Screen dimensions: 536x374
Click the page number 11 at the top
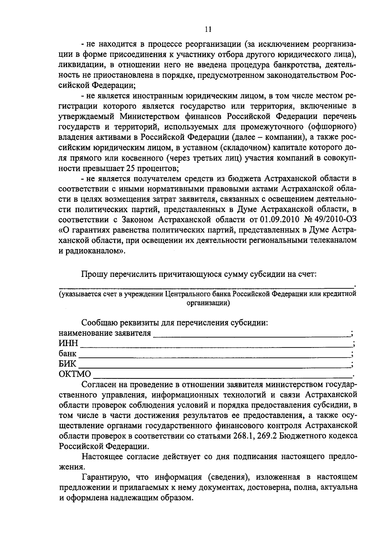[x=209, y=29]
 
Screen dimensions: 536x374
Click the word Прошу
[x=93, y=274]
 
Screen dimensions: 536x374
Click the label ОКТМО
[x=75, y=374]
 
